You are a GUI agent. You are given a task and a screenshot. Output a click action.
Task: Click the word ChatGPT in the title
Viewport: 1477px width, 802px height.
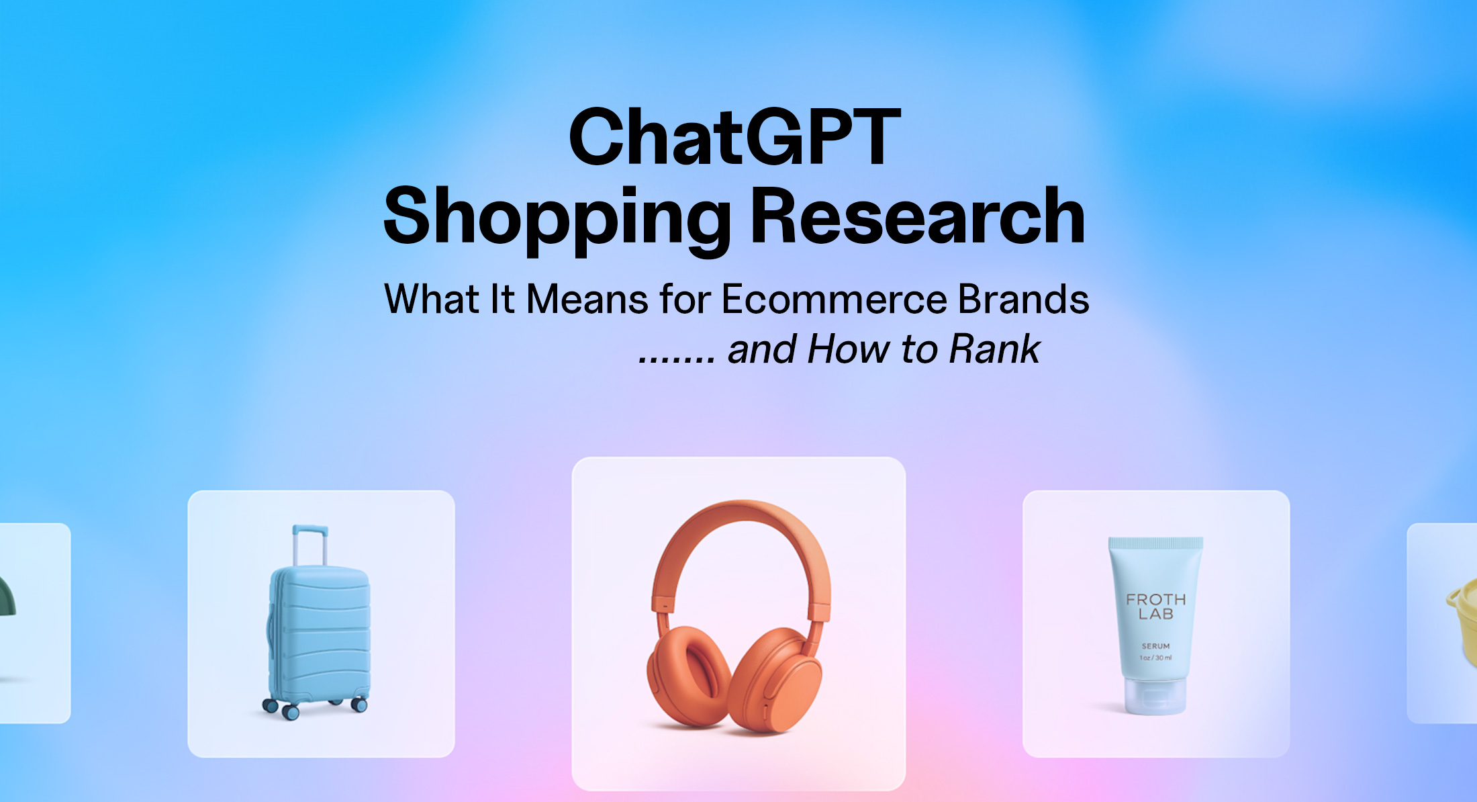[x=734, y=138]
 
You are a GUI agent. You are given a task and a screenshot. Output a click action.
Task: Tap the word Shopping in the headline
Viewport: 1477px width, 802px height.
[x=557, y=218]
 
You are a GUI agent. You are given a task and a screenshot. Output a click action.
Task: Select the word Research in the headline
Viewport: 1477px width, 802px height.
[x=917, y=216]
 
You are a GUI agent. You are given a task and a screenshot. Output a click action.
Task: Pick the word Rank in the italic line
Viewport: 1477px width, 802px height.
[x=994, y=349]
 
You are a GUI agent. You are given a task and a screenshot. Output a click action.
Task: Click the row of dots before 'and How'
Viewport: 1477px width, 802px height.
[x=677, y=359]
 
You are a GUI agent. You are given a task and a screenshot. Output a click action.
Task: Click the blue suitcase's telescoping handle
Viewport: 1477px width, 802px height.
[x=310, y=544]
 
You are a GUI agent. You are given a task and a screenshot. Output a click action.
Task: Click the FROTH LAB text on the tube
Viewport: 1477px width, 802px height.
[x=1155, y=607]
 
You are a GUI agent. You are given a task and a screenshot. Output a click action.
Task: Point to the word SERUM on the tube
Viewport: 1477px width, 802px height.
[x=1155, y=646]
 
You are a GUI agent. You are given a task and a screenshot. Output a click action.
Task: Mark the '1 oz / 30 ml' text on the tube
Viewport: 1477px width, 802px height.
[x=1155, y=658]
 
